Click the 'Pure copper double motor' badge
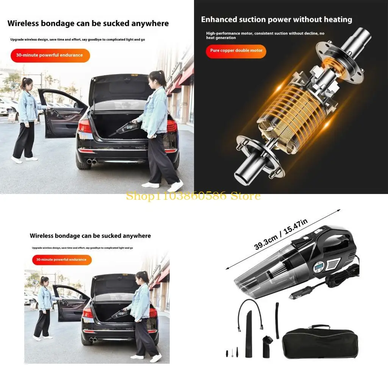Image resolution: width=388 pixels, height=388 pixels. click(x=236, y=51)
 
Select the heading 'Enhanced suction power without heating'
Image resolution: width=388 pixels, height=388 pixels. click(x=276, y=20)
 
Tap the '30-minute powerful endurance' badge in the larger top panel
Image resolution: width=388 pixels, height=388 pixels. click(x=50, y=55)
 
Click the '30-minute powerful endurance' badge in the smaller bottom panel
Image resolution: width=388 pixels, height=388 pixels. click(x=61, y=260)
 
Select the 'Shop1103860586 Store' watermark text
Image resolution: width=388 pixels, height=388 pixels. click(x=193, y=196)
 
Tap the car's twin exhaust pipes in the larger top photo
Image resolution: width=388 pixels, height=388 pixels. click(x=91, y=161)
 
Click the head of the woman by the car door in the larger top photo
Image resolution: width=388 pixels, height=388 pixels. click(x=26, y=83)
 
